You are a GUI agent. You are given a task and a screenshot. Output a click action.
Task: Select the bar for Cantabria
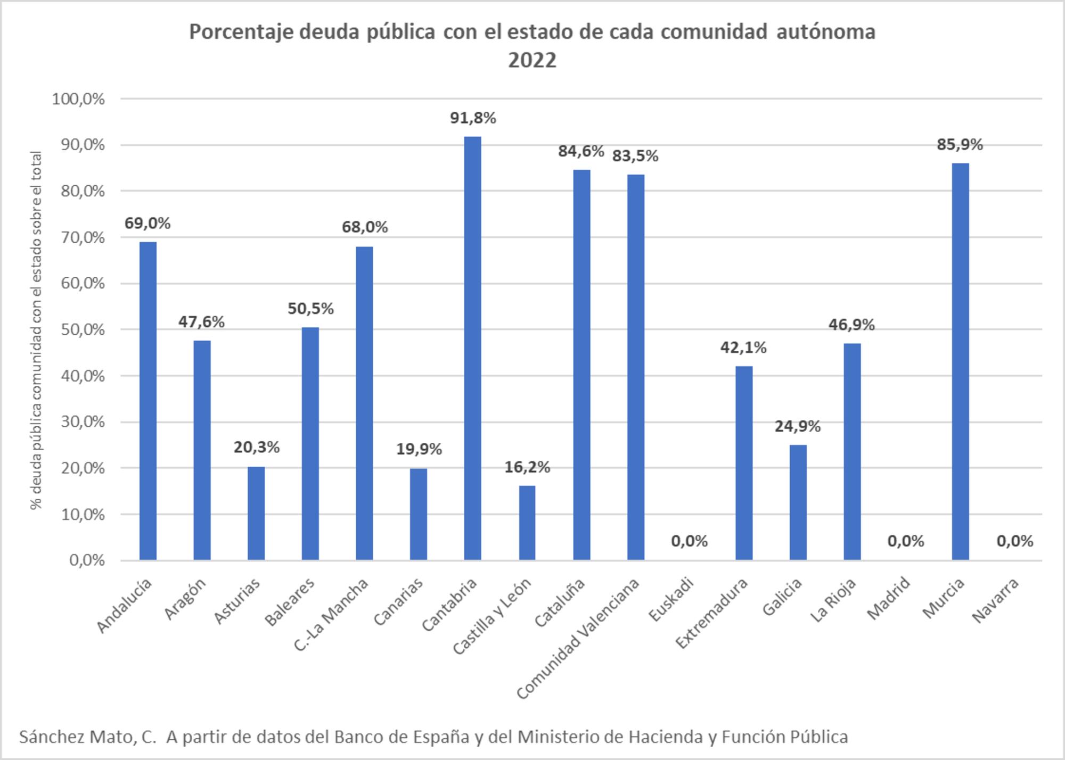click(472, 349)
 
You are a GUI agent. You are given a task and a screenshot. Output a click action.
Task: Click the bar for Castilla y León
click(527, 523)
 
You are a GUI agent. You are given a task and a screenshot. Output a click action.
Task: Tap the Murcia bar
click(960, 362)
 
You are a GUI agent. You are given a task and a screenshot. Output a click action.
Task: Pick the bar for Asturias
click(256, 514)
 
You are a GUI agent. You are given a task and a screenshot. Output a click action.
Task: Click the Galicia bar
click(798, 502)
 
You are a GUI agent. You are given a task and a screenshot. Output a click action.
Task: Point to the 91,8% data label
click(473, 118)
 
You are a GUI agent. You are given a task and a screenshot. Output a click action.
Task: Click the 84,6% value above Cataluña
click(581, 152)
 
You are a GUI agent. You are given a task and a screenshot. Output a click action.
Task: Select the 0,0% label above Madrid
click(905, 541)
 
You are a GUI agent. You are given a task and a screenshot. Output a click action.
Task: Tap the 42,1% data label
click(743, 348)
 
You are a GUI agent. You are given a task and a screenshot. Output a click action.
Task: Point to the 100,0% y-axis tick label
click(79, 99)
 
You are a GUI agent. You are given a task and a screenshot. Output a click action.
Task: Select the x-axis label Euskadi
click(672, 599)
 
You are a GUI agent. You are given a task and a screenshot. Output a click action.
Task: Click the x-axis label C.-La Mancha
click(331, 615)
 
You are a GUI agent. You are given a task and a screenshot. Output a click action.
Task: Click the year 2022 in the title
click(532, 60)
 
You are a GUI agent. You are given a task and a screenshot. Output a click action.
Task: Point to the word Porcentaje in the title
click(240, 32)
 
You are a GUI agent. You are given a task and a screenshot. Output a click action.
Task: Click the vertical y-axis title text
click(36, 330)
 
